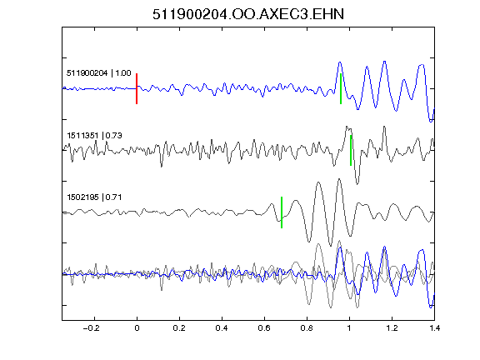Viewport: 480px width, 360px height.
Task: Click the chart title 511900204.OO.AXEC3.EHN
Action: pyautogui.click(x=248, y=14)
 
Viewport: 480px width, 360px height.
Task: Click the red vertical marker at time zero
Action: pyautogui.click(x=137, y=89)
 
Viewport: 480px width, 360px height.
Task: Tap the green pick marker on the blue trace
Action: pyautogui.click(x=341, y=89)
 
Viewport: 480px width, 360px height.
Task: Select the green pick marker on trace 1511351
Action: pyautogui.click(x=351, y=150)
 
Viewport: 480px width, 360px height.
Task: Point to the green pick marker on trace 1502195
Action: pyautogui.click(x=282, y=212)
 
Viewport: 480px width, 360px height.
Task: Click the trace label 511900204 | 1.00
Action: pyautogui.click(x=99, y=73)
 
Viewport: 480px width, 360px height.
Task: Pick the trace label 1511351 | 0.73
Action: pyautogui.click(x=94, y=135)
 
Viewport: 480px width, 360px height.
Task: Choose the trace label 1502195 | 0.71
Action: pyautogui.click(x=94, y=197)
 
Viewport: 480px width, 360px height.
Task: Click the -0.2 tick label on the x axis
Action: pyautogui.click(x=92, y=328)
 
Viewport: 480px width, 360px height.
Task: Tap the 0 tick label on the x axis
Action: pyautogui.click(x=137, y=328)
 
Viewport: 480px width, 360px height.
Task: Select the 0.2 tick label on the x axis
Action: pyautogui.click(x=179, y=328)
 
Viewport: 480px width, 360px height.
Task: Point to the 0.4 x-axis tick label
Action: pyautogui.click(x=222, y=328)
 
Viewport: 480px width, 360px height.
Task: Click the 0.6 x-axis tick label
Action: pyautogui.click(x=264, y=328)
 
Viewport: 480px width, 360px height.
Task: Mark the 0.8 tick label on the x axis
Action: pyautogui.click(x=307, y=328)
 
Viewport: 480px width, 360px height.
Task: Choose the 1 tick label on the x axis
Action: pyautogui.click(x=349, y=328)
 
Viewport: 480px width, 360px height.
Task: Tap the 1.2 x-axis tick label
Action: pyautogui.click(x=392, y=328)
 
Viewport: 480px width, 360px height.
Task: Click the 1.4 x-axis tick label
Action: pyautogui.click(x=435, y=328)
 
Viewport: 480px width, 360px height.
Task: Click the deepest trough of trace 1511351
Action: pyautogui.click(x=357, y=183)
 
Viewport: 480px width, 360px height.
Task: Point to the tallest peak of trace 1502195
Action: pyautogui.click(x=339, y=179)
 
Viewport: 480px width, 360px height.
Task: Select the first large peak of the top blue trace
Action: pyautogui.click(x=339, y=62)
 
